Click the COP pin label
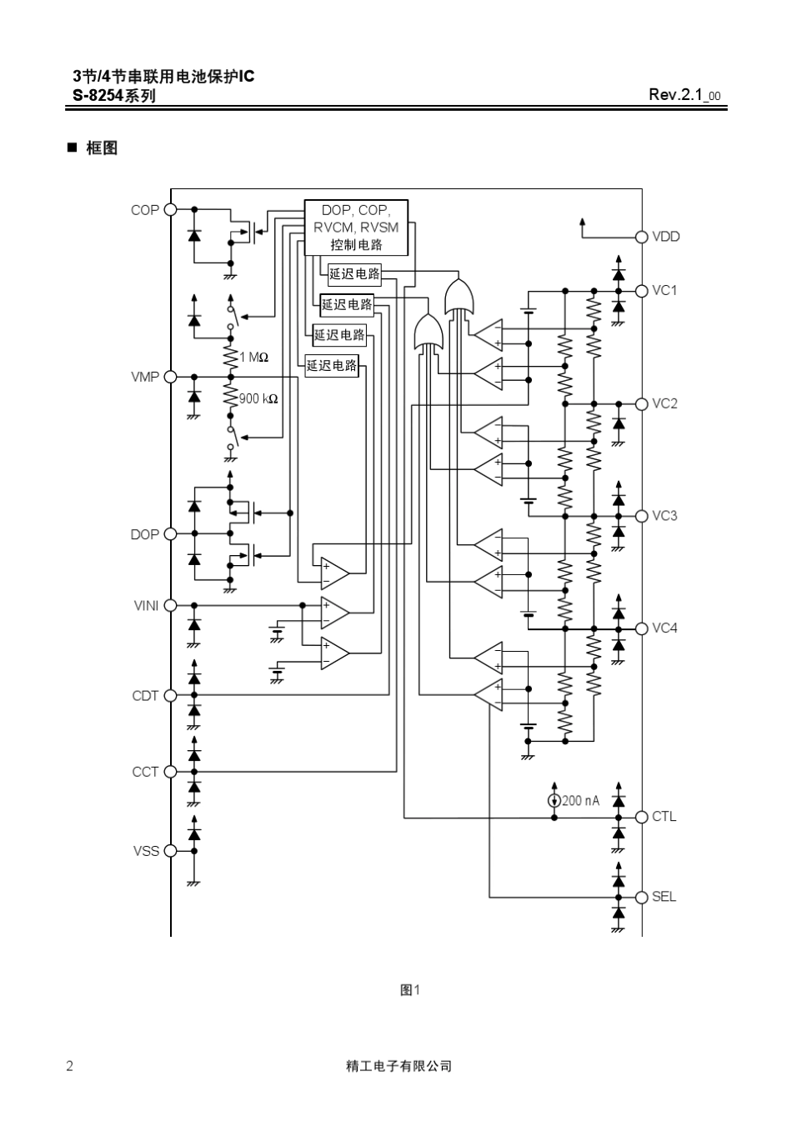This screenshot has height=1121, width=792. (x=145, y=210)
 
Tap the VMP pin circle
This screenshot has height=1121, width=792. (x=171, y=377)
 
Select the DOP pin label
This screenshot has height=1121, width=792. (x=144, y=534)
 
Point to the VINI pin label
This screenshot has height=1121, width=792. (x=146, y=606)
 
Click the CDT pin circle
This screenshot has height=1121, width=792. (x=171, y=696)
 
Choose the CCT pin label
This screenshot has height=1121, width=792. (x=145, y=772)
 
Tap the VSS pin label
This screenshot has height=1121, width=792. (x=146, y=851)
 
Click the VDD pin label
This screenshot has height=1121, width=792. (x=666, y=237)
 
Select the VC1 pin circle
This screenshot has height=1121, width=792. (x=642, y=291)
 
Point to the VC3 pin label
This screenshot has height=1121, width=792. (x=664, y=516)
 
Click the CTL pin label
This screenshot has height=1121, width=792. (x=664, y=817)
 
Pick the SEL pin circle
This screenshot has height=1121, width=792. (x=642, y=898)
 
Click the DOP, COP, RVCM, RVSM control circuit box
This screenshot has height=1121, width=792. (x=356, y=228)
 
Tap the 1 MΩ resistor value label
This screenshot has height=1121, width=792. (x=253, y=358)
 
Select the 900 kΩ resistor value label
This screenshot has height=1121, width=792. (x=258, y=399)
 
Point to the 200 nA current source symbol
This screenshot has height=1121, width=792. (x=554, y=801)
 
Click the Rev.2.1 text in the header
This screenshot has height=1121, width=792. (x=676, y=94)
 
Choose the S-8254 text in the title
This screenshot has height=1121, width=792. (x=98, y=95)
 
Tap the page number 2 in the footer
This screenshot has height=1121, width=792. (x=69, y=1067)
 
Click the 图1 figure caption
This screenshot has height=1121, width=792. (x=410, y=990)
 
